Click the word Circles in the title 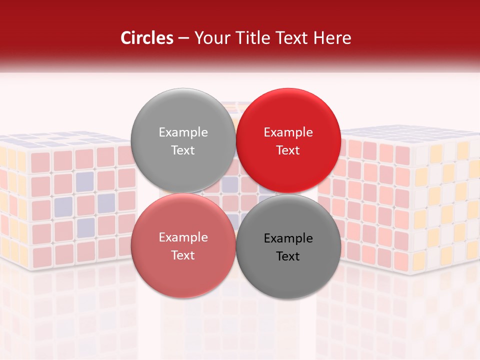click(x=146, y=38)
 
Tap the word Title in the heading click(x=251, y=38)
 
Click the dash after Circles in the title click(x=183, y=38)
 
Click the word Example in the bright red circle click(x=288, y=132)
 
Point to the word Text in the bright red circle click(x=288, y=150)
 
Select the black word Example click(x=288, y=238)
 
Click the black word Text click(x=288, y=256)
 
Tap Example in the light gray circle click(x=183, y=132)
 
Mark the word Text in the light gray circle click(x=183, y=150)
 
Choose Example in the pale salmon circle click(x=183, y=237)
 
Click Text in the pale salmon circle click(x=183, y=255)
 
